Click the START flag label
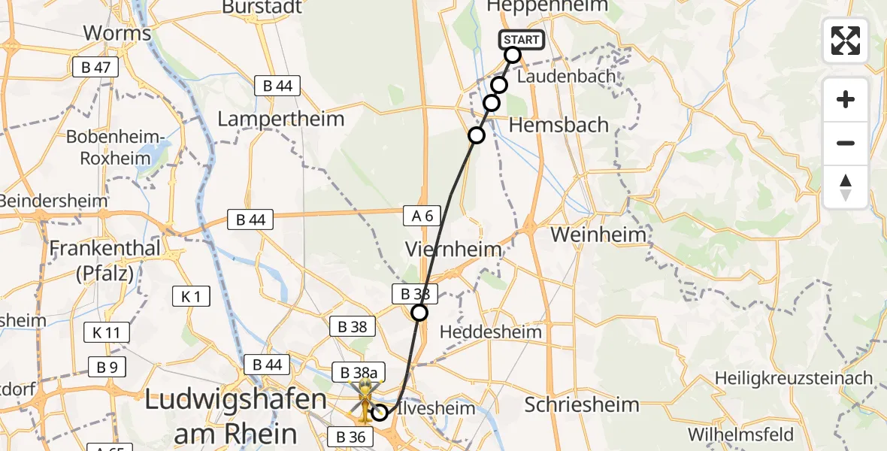point(521,39)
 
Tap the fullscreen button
point(846,41)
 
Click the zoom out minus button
point(846,143)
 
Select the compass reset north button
point(846,187)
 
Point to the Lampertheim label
point(280,119)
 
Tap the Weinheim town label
point(598,235)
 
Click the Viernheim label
point(453,249)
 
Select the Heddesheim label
point(490,331)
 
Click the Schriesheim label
point(582,404)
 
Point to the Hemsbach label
point(559,125)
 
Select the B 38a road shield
point(359,372)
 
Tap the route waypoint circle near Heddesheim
point(419,313)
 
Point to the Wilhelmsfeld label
point(740,434)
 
